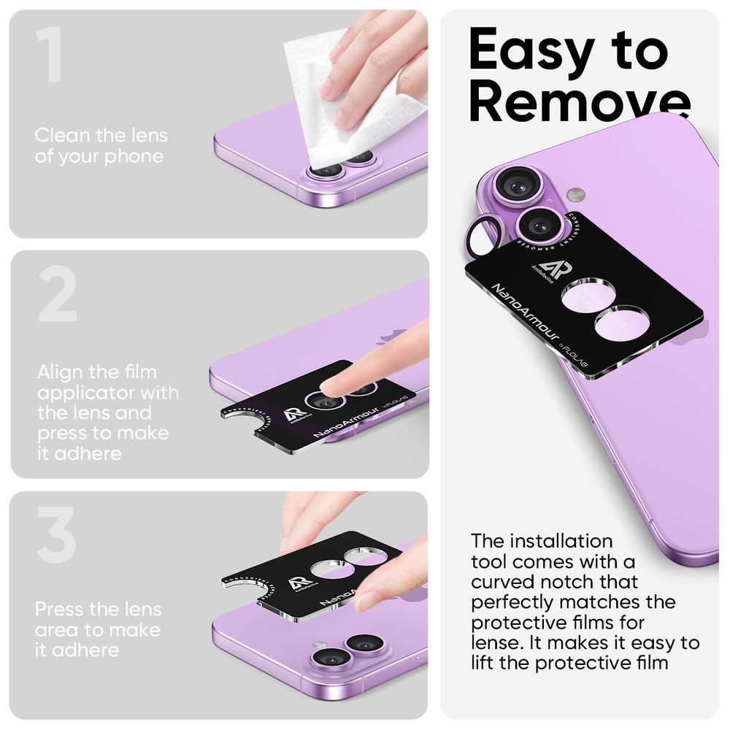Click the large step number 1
point(50,55)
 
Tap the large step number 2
point(57,294)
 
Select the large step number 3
point(56,535)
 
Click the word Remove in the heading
point(579,101)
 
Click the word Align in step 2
point(60,372)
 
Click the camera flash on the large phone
point(577,195)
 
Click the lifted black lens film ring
point(483,235)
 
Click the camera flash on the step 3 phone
point(318,645)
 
